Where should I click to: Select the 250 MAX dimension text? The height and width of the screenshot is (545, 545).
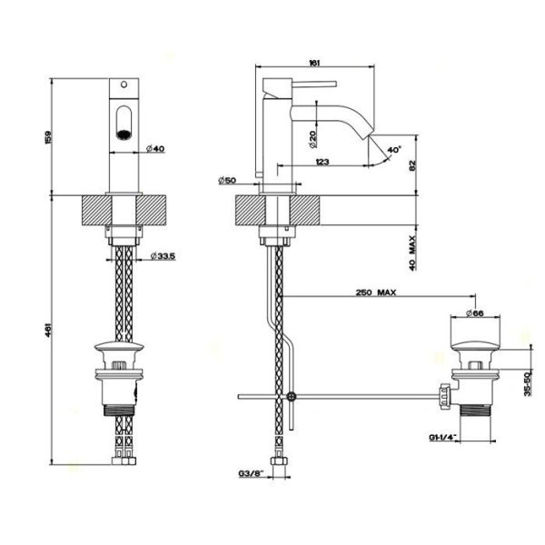(x=375, y=293)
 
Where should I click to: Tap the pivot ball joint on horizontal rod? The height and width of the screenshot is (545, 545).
(x=290, y=396)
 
